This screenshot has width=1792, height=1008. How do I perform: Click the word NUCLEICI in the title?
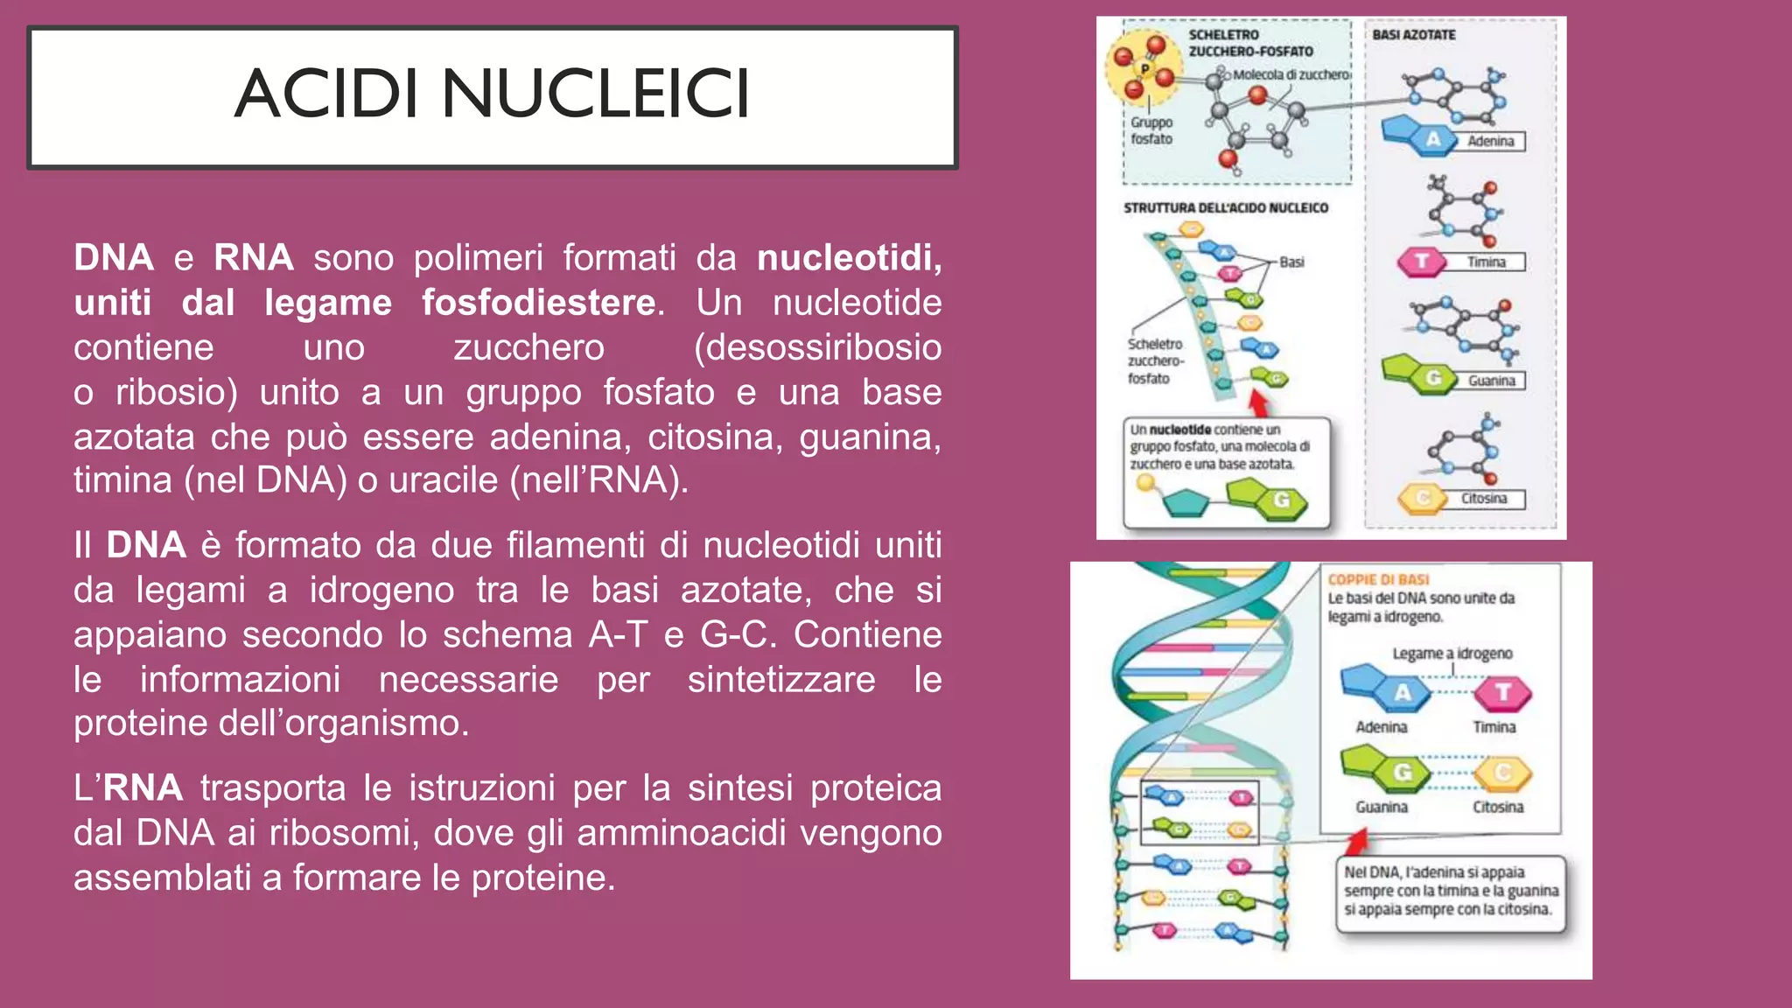595,94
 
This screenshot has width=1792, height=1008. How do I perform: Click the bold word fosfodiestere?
538,303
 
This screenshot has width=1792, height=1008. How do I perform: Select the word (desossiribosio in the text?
817,347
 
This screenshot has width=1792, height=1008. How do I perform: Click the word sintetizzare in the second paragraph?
780,680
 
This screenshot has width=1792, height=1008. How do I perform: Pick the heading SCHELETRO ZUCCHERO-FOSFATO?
1249,43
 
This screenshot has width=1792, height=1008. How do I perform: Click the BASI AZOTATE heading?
1413,35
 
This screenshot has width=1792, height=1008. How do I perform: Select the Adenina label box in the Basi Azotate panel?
1490,142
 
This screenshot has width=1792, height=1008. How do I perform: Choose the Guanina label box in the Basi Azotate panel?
1491,381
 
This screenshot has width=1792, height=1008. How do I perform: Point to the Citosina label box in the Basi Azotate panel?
1484,499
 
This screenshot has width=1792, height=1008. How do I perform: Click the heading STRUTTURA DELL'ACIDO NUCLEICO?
1225,208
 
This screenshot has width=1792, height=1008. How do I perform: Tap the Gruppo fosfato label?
1151,131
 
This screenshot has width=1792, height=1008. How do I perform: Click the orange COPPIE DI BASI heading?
1378,579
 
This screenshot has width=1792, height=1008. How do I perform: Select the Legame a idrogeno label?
1452,654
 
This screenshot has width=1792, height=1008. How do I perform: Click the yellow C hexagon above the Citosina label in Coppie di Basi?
1502,773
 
